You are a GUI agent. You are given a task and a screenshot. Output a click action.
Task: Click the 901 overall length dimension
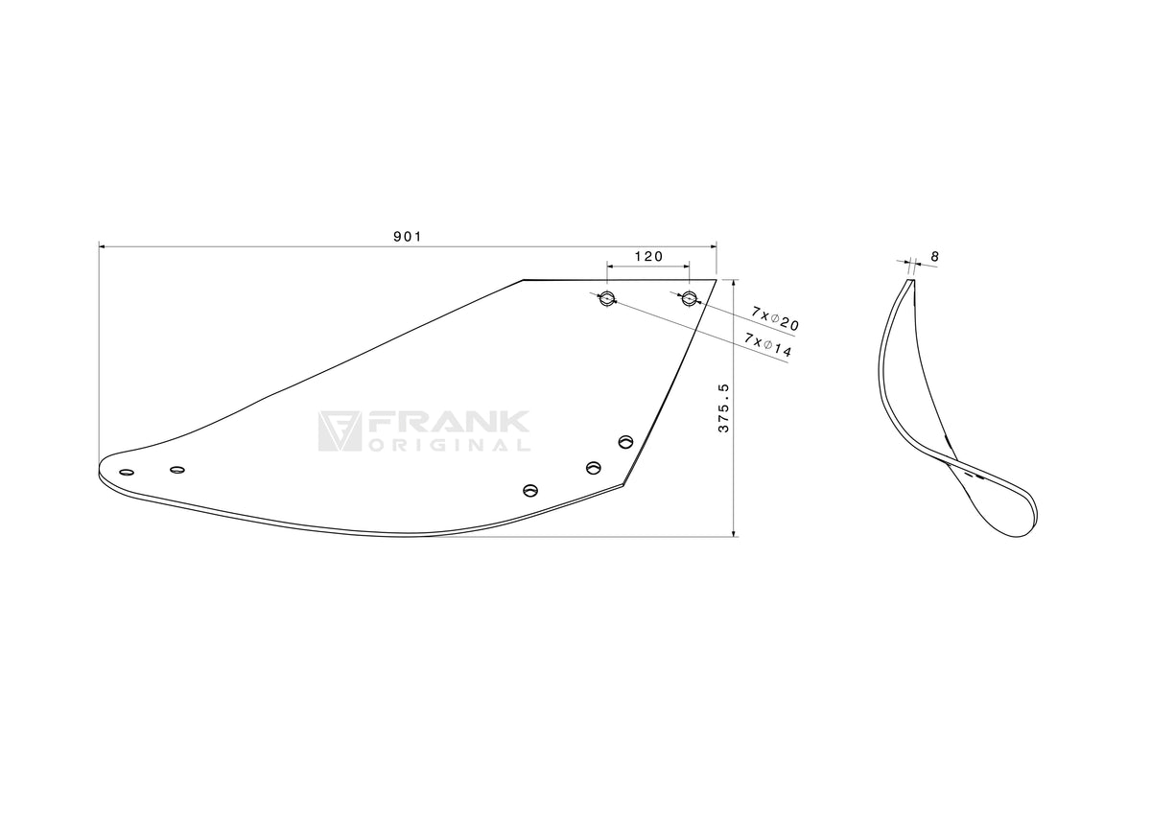pyautogui.click(x=408, y=237)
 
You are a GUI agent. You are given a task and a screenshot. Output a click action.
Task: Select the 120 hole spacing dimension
pyautogui.click(x=649, y=256)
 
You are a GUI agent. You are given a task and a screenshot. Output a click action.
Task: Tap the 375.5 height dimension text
pyautogui.click(x=723, y=408)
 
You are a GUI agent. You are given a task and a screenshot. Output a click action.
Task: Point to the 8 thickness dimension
pyautogui.click(x=934, y=256)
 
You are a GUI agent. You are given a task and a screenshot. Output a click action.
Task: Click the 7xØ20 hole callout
pyautogui.click(x=775, y=318)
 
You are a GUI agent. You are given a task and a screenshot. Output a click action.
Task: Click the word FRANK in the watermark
pyautogui.click(x=447, y=422)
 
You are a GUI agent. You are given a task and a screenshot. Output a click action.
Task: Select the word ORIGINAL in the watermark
pyautogui.click(x=450, y=445)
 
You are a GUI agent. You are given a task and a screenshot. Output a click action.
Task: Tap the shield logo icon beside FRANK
pyautogui.click(x=340, y=431)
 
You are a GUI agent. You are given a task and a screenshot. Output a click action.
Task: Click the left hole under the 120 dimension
pyautogui.click(x=607, y=298)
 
